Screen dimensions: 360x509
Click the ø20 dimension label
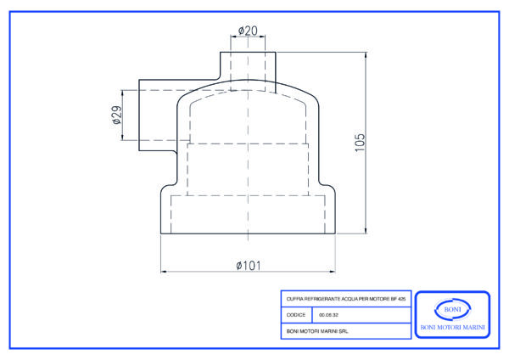point(248,31)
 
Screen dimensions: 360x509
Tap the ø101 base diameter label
point(248,265)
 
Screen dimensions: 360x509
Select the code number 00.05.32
point(328,315)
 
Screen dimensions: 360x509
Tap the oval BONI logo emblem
point(451,308)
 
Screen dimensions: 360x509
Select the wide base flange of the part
point(248,212)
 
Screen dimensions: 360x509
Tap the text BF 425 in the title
point(399,300)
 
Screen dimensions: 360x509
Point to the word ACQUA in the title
point(345,300)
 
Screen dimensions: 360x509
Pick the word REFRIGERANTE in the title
point(321,300)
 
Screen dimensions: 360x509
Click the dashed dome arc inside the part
point(248,94)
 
